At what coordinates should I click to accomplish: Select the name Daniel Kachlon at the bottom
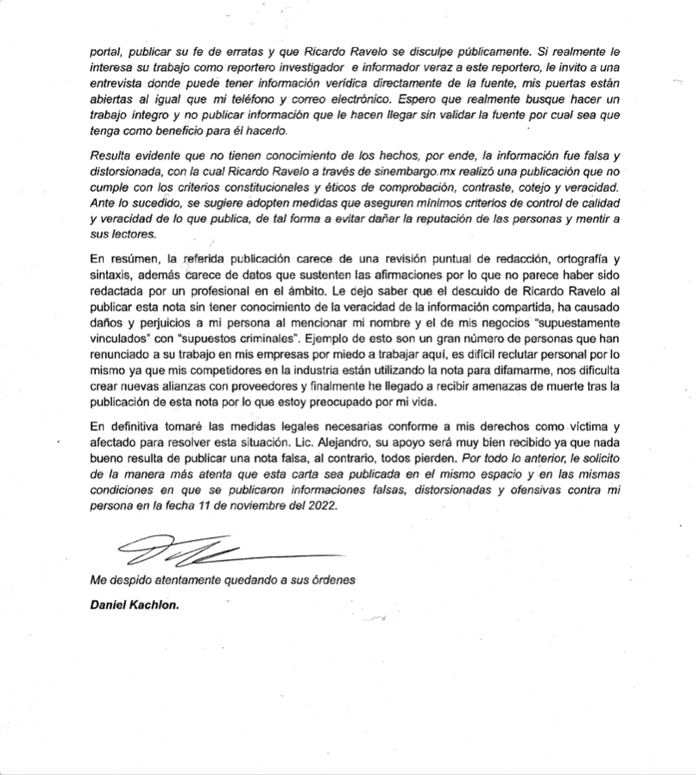135,604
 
